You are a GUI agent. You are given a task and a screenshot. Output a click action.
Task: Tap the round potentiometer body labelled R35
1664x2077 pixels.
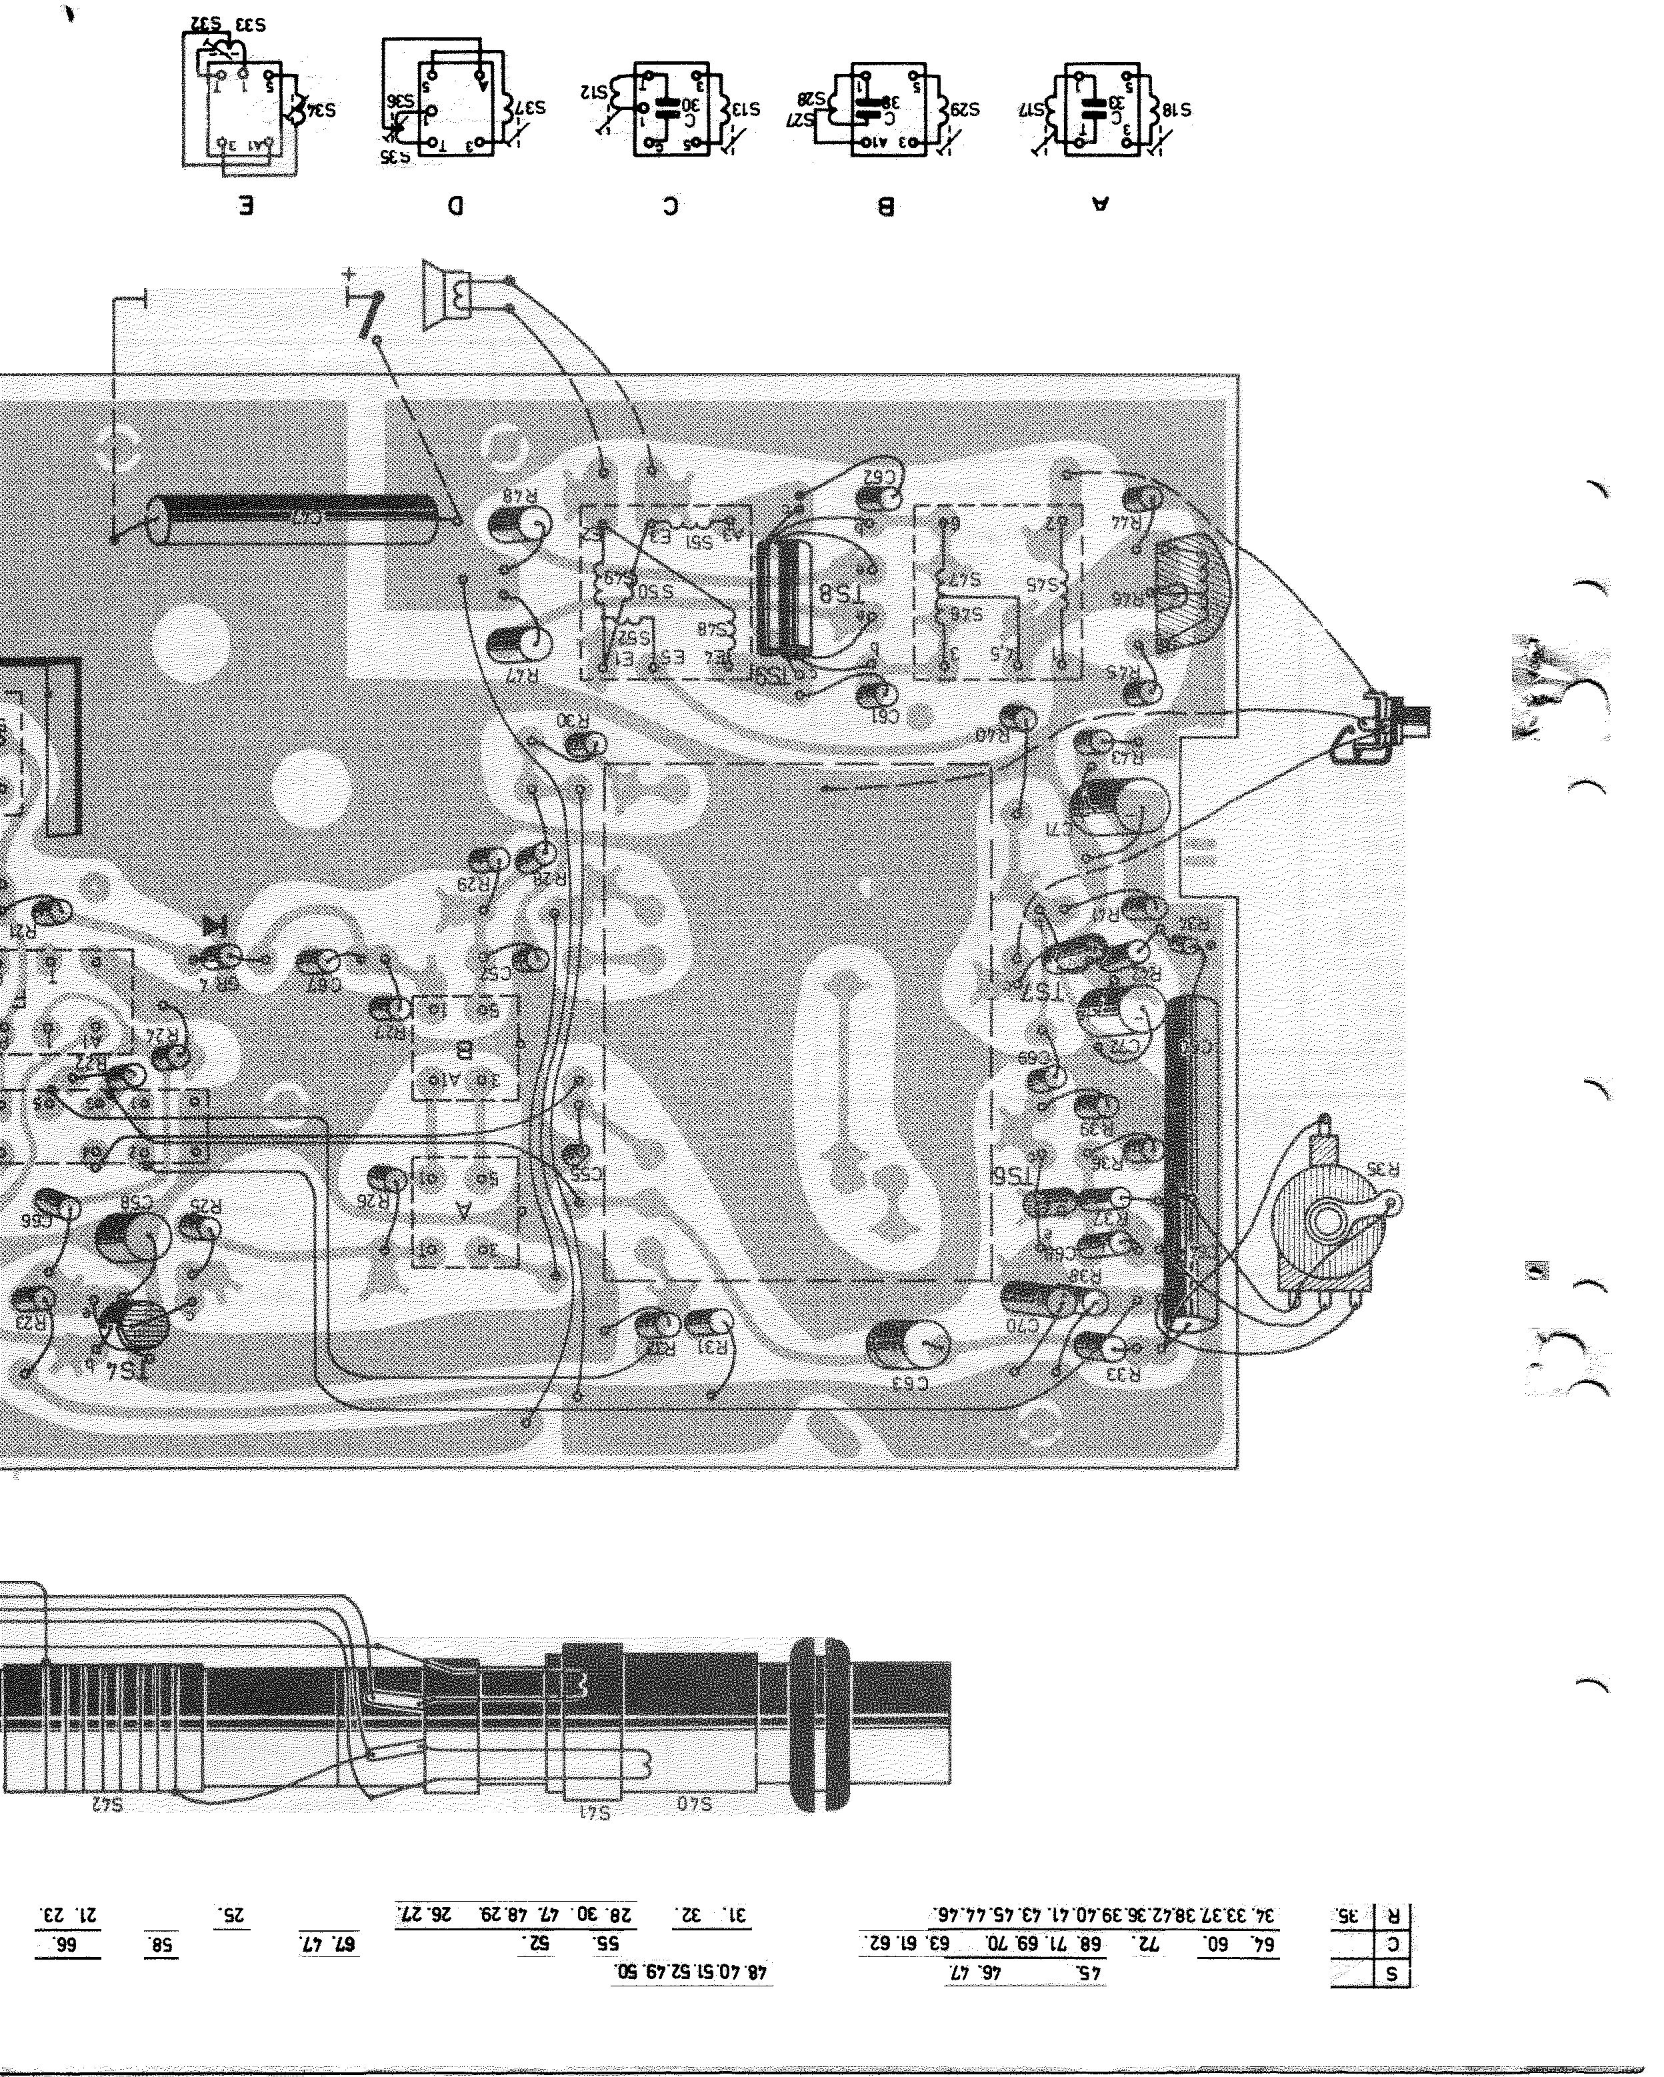(x=1325, y=1224)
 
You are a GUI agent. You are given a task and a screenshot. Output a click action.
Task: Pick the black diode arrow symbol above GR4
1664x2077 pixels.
(x=214, y=927)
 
